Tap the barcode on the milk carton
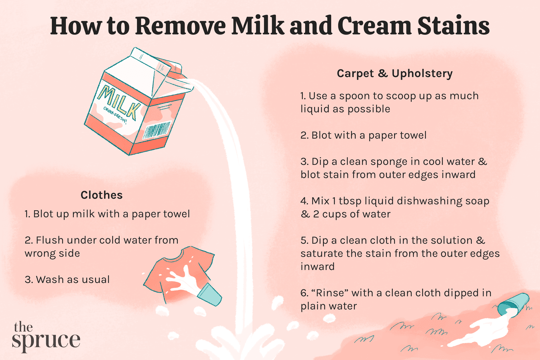click(x=157, y=130)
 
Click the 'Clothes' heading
click(x=102, y=195)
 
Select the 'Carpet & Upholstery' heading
click(x=395, y=73)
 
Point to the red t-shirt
click(x=173, y=272)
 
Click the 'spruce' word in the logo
click(x=46, y=341)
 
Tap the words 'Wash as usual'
click(x=72, y=280)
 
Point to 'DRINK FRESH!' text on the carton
click(x=115, y=115)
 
